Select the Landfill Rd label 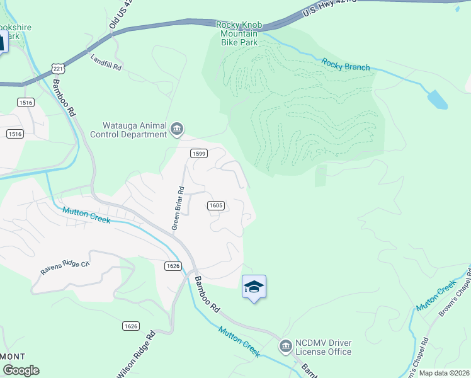tap(106, 62)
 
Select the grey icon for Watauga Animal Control tap(177, 130)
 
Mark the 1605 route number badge tap(215, 205)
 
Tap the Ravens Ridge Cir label tap(65, 268)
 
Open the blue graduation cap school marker tap(254, 287)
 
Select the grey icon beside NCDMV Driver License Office tap(285, 346)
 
